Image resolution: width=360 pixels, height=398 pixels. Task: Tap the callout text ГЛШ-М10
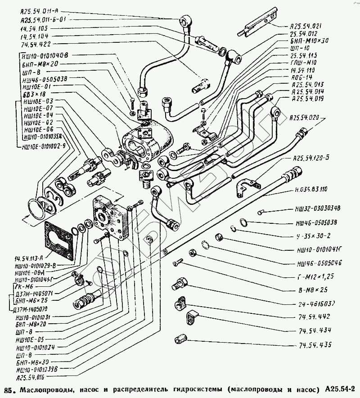[x=298, y=62]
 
